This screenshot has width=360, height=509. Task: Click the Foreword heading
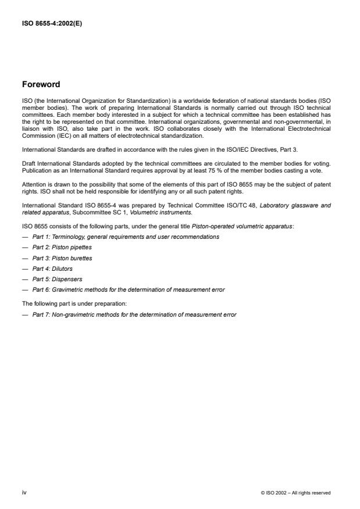tap(41, 84)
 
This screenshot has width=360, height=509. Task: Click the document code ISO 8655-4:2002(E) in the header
tap(52, 24)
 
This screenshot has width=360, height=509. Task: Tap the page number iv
tap(24, 492)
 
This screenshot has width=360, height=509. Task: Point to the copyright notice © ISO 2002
tap(296, 493)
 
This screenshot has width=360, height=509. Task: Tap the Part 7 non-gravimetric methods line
tap(134, 314)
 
